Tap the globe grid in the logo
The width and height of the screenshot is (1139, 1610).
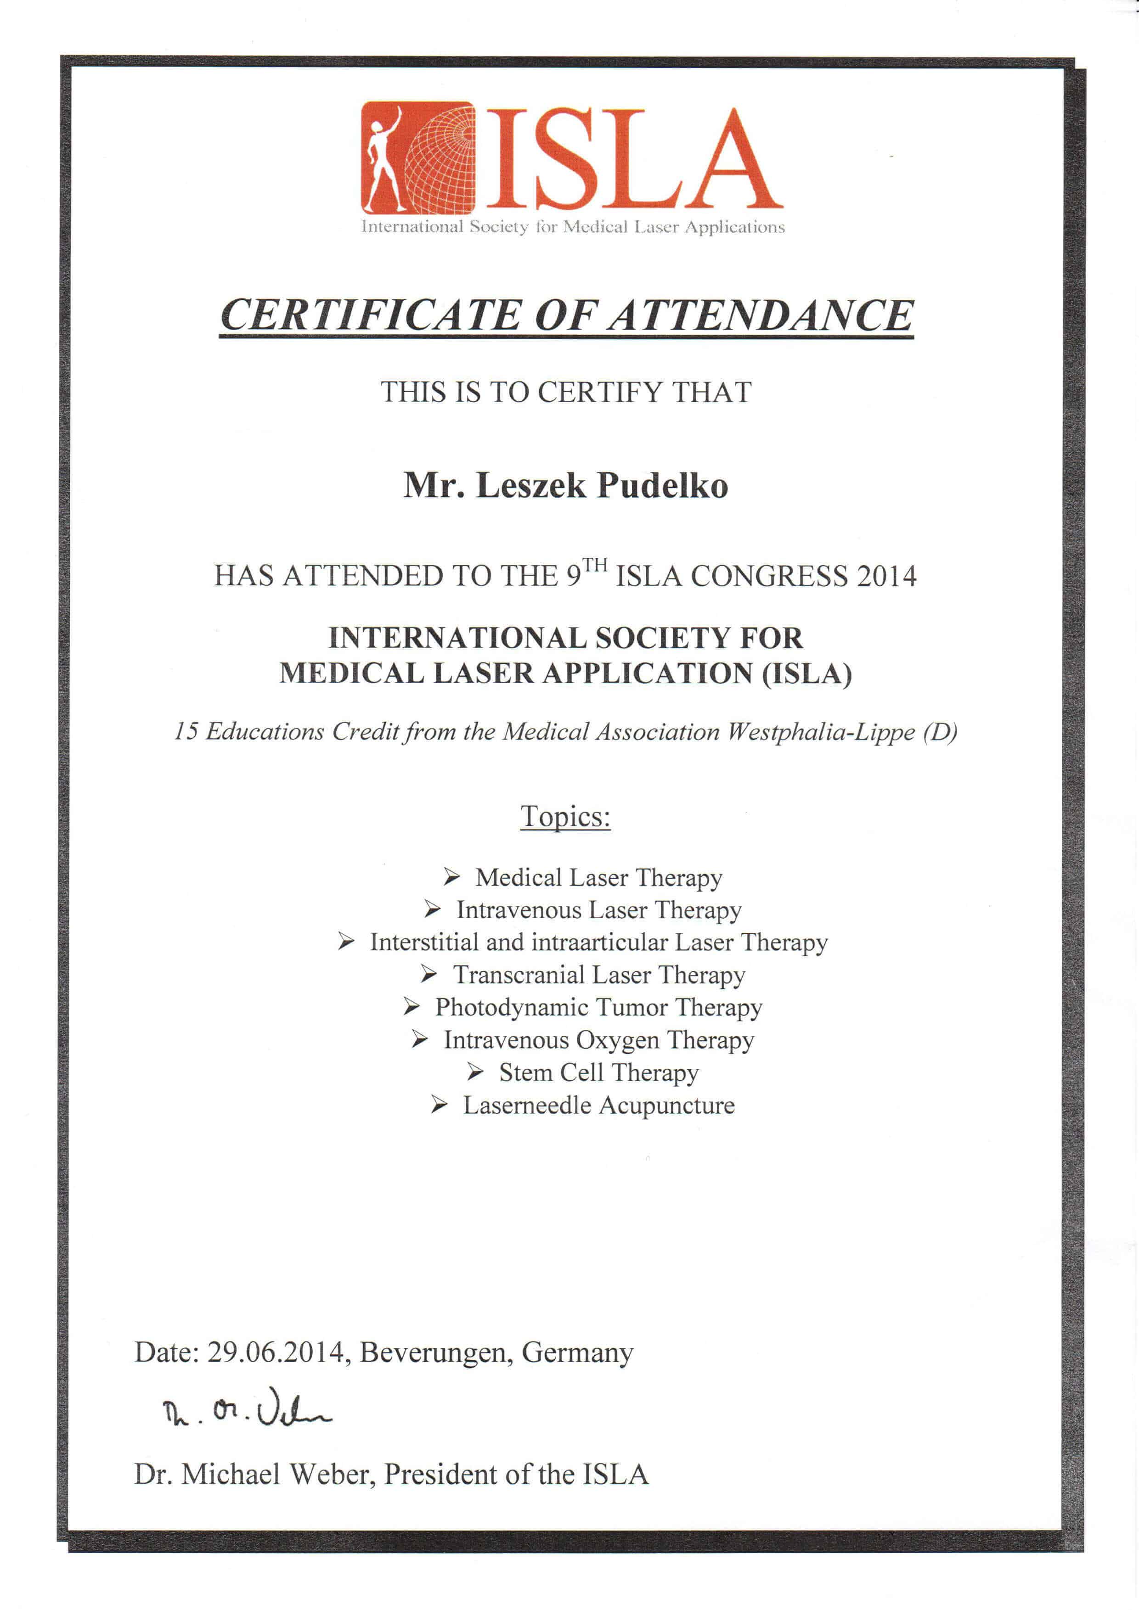(x=442, y=161)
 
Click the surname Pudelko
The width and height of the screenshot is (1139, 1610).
(x=662, y=486)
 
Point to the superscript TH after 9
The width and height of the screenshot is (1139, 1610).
(x=595, y=565)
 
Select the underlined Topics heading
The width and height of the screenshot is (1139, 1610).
(x=565, y=816)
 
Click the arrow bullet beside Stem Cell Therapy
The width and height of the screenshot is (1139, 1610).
(x=475, y=1071)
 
